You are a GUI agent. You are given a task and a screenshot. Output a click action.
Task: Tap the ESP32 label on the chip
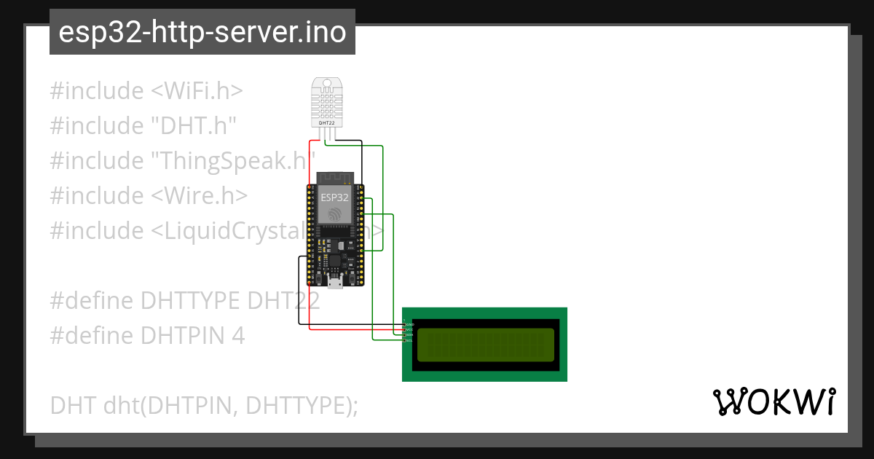(x=334, y=197)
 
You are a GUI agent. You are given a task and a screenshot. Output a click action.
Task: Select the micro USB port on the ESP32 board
(x=334, y=283)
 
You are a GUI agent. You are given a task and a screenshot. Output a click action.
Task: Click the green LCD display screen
(x=484, y=344)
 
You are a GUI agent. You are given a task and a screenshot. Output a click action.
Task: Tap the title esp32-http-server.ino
(x=202, y=33)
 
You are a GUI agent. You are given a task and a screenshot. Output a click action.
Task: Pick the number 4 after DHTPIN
(x=238, y=336)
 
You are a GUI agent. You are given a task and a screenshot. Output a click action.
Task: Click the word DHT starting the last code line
(x=73, y=405)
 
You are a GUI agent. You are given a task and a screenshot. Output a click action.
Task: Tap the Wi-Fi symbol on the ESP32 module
(x=334, y=214)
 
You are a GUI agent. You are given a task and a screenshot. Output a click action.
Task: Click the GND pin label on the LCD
(x=409, y=324)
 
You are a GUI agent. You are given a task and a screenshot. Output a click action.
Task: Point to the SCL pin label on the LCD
(x=409, y=340)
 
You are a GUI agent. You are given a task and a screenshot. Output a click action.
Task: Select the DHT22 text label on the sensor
(x=328, y=123)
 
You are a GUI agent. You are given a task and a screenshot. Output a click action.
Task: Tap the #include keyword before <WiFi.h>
(x=97, y=91)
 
